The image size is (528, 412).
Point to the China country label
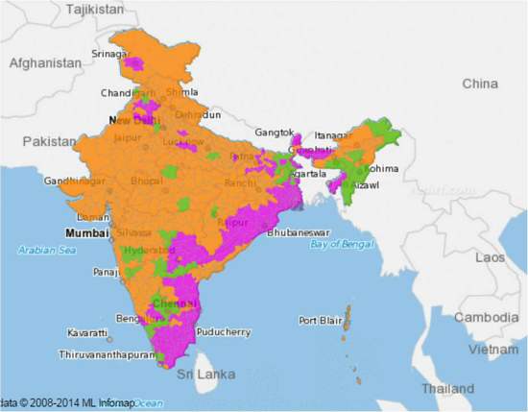pyautogui.click(x=479, y=84)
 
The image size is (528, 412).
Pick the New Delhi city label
pyautogui.click(x=133, y=121)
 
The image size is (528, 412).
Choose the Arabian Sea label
pyautogui.click(x=47, y=251)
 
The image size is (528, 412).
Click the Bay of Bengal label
pyautogui.click(x=346, y=245)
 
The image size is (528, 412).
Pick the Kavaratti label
pyautogui.click(x=88, y=332)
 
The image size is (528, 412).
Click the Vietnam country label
pyautogui.click(x=497, y=351)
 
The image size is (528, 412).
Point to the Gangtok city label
pyautogui.click(x=275, y=132)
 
